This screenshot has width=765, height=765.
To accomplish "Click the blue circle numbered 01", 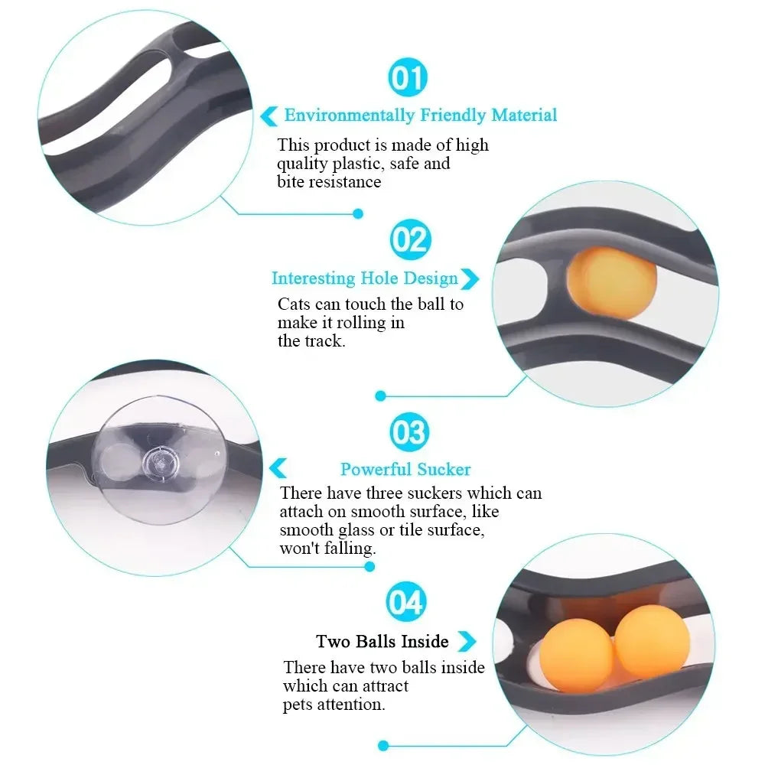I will click(x=409, y=79).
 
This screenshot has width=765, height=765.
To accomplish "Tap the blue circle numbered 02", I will click(x=410, y=239).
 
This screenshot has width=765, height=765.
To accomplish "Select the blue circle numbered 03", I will click(x=409, y=433).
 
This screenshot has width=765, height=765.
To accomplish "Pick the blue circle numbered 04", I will click(x=405, y=603).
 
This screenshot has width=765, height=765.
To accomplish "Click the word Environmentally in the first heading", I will click(x=350, y=116).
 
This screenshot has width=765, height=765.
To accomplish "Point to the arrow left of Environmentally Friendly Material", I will click(x=269, y=116).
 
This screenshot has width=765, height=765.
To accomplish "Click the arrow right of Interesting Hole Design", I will click(x=470, y=279).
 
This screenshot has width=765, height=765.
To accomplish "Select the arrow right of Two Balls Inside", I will click(x=466, y=641).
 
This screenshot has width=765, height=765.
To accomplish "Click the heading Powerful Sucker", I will click(x=405, y=470).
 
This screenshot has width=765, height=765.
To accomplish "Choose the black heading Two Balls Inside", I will click(x=382, y=641).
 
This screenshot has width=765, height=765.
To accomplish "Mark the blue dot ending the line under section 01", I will click(x=357, y=214).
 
